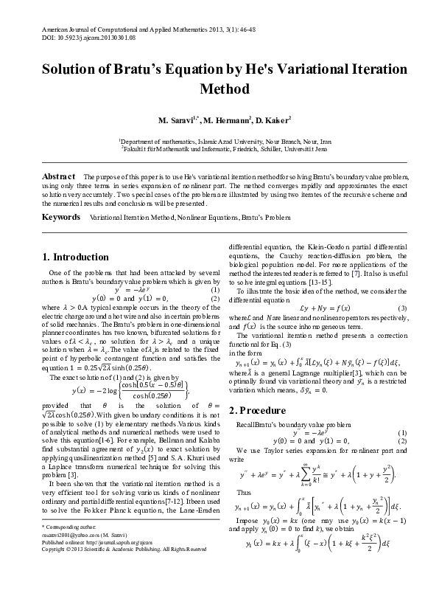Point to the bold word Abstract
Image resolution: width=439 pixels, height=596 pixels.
pos(59,177)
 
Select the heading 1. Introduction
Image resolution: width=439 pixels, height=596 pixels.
pos(77,257)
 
